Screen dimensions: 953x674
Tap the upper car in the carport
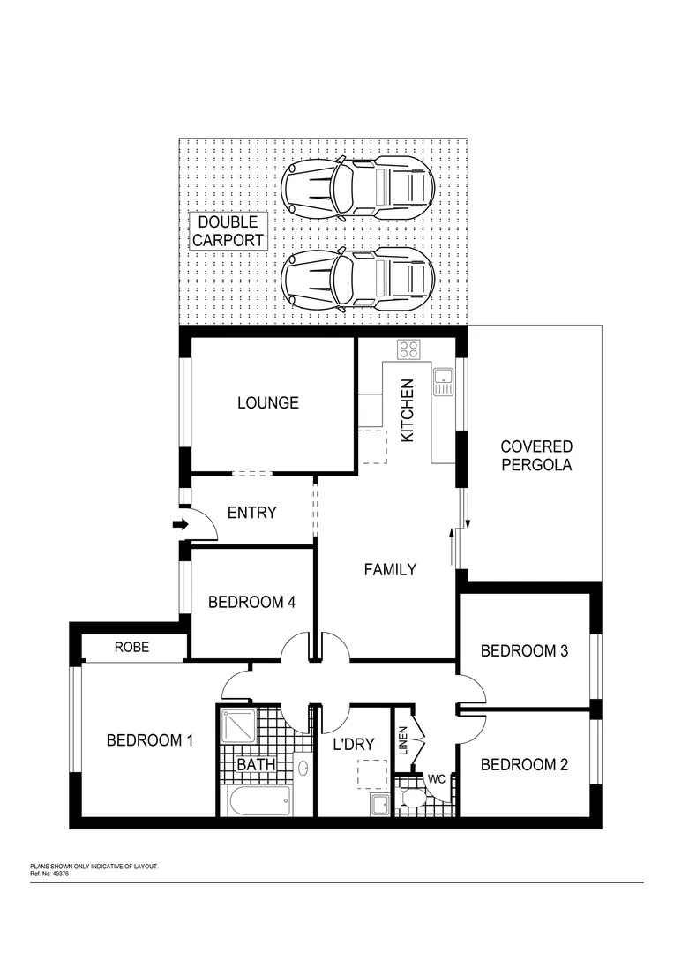coord(357,187)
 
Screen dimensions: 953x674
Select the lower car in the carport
coord(357,279)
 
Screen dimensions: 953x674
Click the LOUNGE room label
coord(268,403)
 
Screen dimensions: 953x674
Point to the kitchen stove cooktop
coord(408,349)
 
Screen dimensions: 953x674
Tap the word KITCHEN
coord(408,411)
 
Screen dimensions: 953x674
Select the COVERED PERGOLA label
coord(536,456)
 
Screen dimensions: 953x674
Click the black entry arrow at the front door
coord(180,525)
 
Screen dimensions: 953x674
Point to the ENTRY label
coord(252,513)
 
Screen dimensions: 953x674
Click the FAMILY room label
coord(390,570)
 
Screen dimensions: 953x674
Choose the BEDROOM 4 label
coord(251,603)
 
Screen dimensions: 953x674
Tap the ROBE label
coord(132,648)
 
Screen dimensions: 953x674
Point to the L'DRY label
coord(354,745)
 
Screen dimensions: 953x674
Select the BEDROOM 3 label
coord(524,651)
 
